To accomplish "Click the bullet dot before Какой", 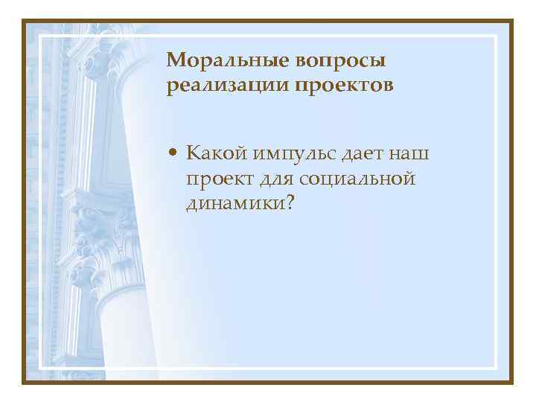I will pyautogui.click(x=173, y=154).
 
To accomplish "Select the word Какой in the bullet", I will pyautogui.click(x=217, y=153).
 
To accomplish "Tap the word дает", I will pyautogui.click(x=363, y=153).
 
